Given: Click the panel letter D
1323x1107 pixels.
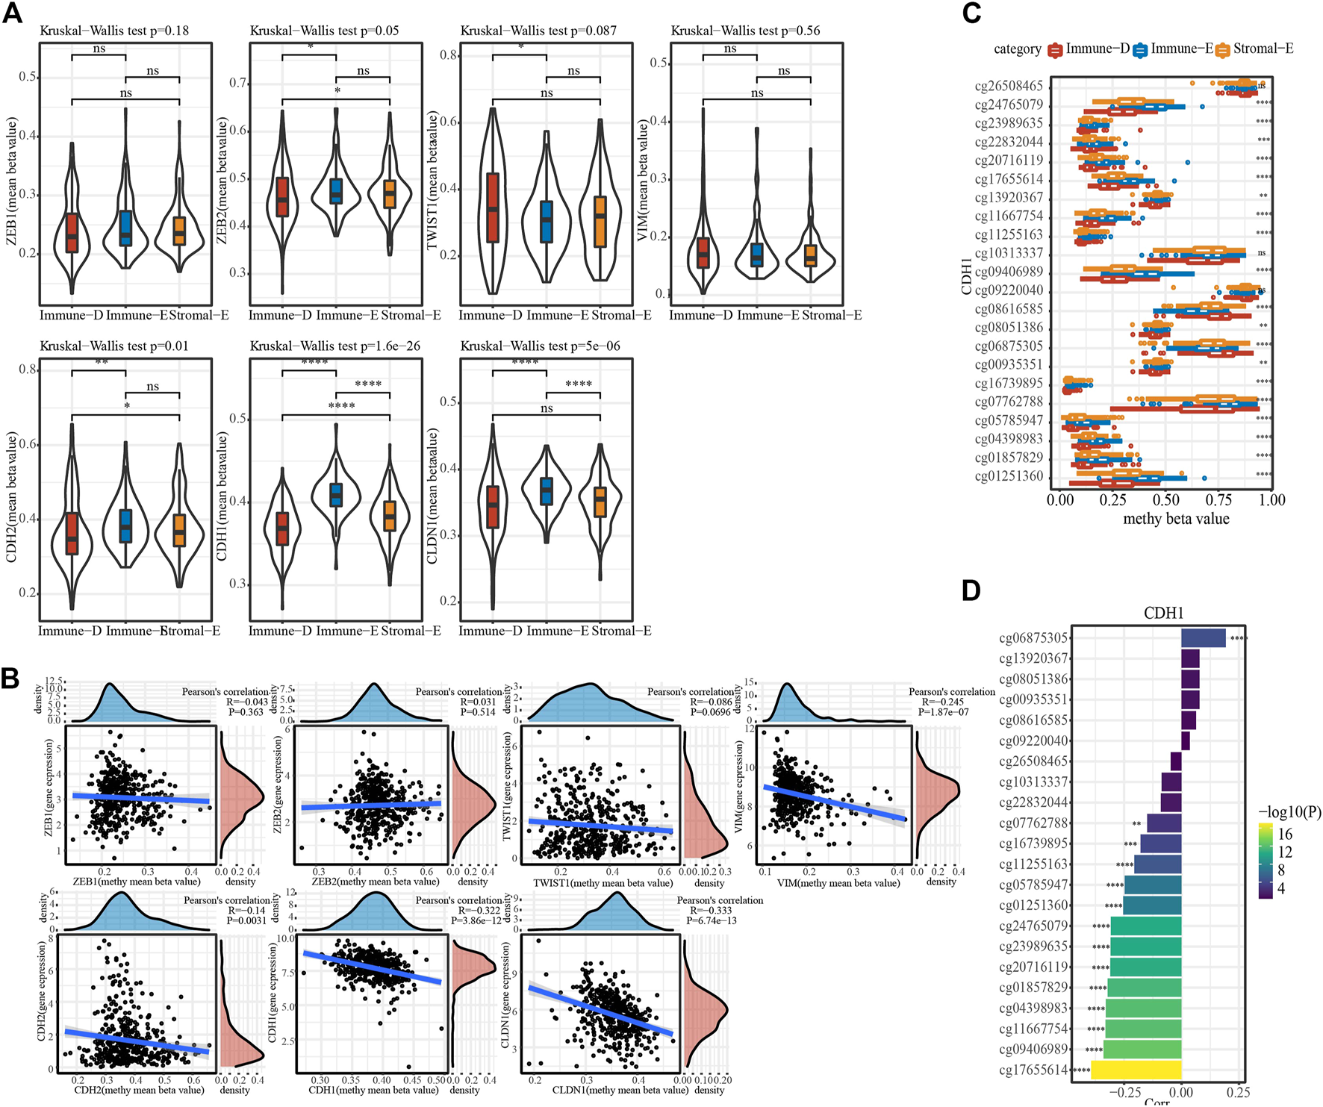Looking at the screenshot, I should pos(971,590).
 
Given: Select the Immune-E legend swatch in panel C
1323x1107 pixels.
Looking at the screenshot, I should pos(1140,50).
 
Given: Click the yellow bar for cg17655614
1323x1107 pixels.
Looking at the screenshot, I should pos(1136,1069).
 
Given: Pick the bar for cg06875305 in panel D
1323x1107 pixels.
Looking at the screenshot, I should pos(1203,637).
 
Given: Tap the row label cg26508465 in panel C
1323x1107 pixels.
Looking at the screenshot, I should pos(1009,86).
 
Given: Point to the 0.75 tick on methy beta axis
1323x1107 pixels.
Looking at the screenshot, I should pos(1218,499).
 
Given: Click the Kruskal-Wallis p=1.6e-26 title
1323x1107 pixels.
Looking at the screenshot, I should pos(335,346).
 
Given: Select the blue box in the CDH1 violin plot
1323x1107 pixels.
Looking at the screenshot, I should pos(336,495).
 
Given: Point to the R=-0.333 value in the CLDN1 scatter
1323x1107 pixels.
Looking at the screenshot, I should pos(712,910).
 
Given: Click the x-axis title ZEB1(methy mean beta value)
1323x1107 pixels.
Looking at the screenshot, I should pos(137,882).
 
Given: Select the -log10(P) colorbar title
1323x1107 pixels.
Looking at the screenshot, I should pos(1289,812).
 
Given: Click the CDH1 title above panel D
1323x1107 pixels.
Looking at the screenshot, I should pos(1163,614).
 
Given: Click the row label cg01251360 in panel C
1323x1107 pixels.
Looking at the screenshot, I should pos(1009,476).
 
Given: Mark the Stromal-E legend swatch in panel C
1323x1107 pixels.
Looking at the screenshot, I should pos(1222,50).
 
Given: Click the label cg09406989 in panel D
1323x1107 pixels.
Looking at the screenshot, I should pos(1034,1049).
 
